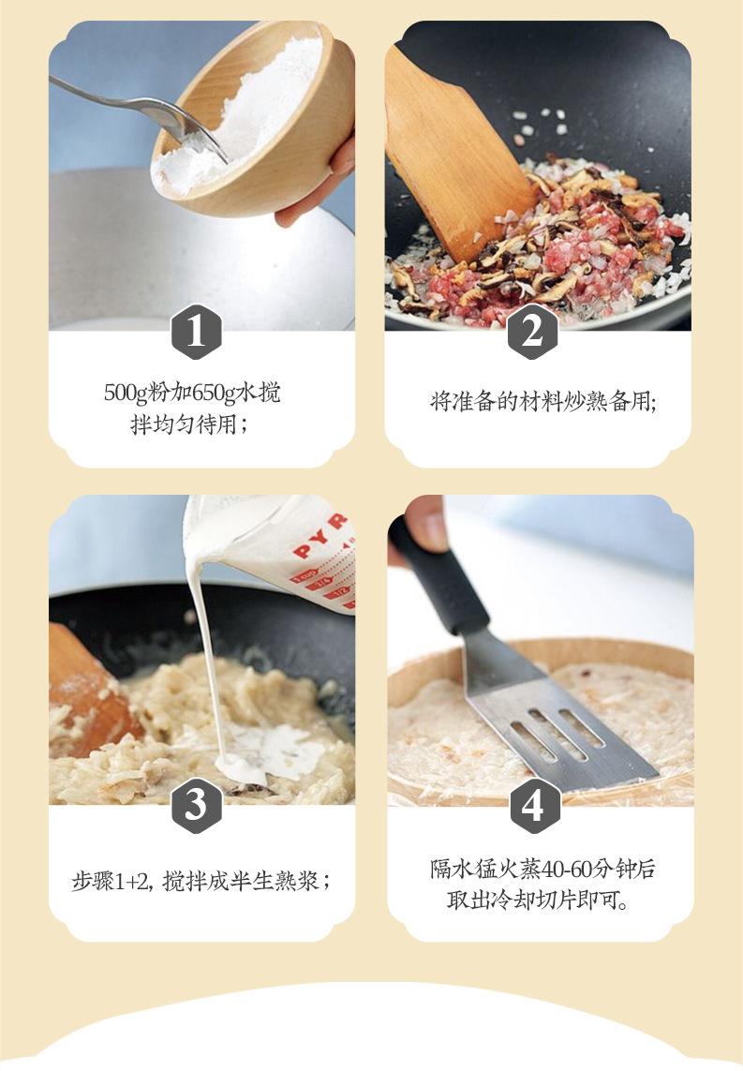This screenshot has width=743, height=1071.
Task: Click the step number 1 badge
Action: [196, 332]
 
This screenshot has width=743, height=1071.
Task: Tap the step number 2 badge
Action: [532, 332]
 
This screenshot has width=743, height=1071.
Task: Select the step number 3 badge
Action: [196, 805]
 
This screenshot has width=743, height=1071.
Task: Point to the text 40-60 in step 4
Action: [545, 870]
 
